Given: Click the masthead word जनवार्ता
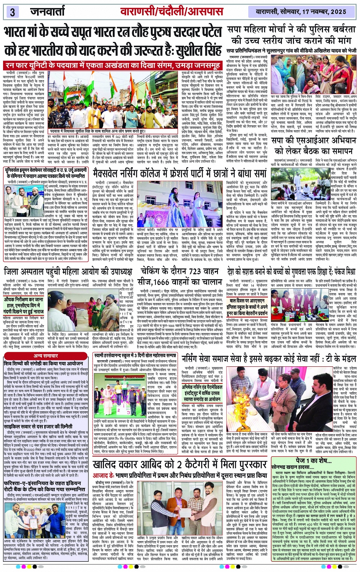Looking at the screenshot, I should click(x=48, y=11).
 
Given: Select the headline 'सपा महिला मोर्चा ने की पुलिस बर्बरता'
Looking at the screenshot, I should click(x=291, y=30).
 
